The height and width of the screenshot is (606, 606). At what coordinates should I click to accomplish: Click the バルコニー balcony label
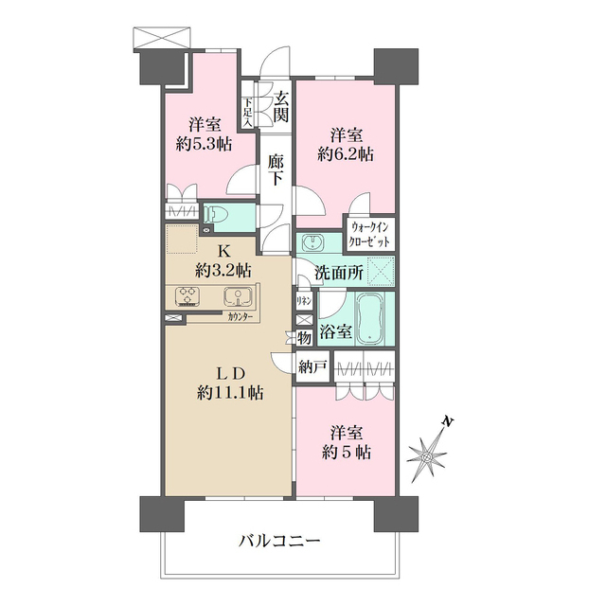click(x=279, y=543)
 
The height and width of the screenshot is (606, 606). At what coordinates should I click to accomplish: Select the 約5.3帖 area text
click(x=204, y=144)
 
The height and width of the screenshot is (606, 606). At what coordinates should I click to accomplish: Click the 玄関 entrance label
click(x=281, y=106)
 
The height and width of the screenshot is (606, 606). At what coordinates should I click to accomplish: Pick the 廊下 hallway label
click(x=276, y=171)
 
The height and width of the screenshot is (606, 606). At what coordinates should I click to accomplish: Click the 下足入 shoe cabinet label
click(x=247, y=113)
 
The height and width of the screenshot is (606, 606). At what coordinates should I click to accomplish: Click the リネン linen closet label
click(x=305, y=300)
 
